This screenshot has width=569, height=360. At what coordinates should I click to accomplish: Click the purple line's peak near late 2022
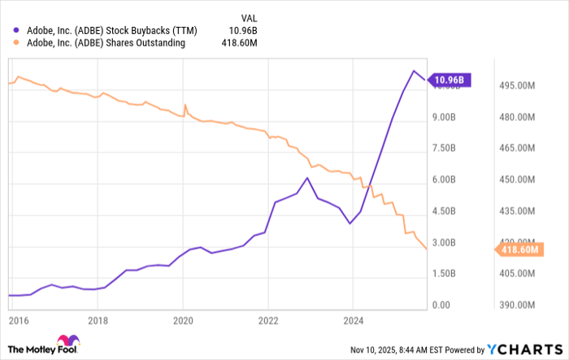click(x=307, y=178)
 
